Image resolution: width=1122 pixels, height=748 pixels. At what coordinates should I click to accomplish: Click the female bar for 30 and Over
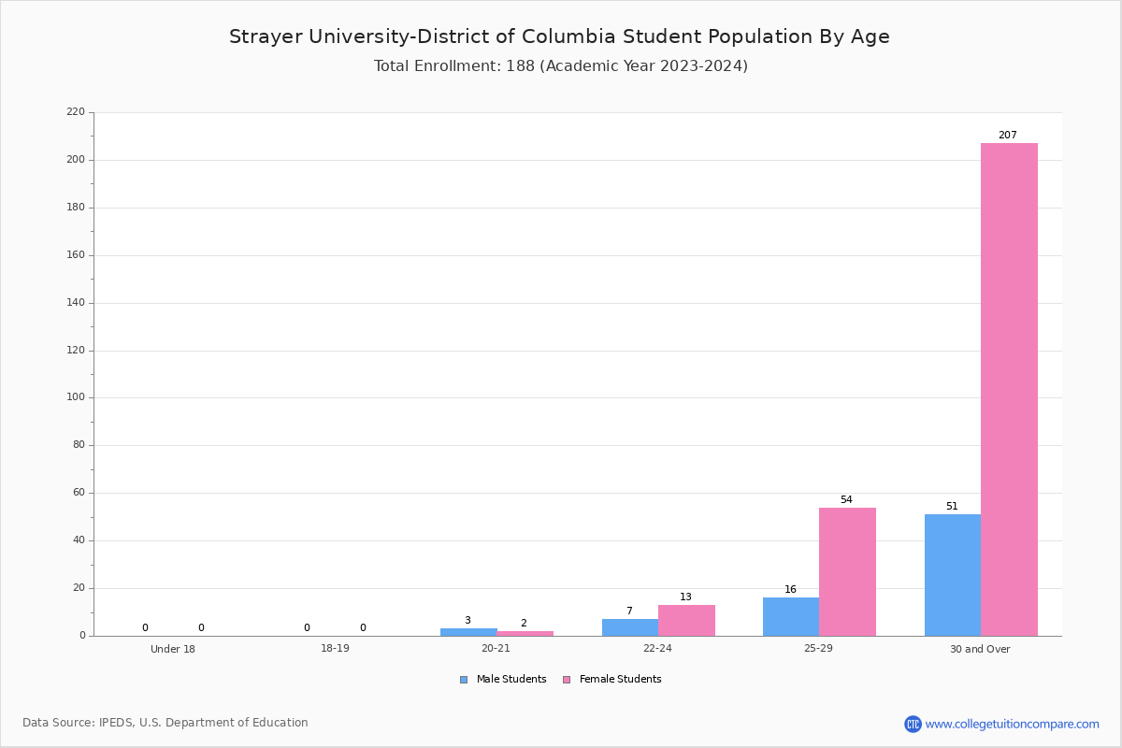[x=1009, y=389]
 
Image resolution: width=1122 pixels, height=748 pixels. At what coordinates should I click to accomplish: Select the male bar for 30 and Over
[x=952, y=575]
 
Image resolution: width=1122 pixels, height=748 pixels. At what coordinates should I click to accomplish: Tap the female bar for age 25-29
[x=847, y=571]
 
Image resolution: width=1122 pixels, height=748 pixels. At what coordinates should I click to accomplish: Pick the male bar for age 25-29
[x=790, y=617]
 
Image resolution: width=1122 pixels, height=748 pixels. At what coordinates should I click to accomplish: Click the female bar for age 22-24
[x=686, y=621]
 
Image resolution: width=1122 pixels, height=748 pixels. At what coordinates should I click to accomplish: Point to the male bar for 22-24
[x=629, y=627]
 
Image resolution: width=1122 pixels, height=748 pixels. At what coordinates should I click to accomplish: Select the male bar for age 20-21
[x=468, y=632]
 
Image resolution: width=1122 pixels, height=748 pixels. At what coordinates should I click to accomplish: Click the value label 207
[x=1007, y=136]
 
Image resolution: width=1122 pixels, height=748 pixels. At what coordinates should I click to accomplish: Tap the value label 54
[x=846, y=500]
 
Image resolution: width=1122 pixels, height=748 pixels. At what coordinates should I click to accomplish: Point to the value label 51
[x=952, y=507]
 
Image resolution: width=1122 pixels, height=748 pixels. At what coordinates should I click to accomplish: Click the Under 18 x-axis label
[x=173, y=649]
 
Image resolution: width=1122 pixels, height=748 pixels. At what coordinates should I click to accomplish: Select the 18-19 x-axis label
[x=335, y=649]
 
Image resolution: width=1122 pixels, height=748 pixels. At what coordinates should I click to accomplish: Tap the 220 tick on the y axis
[x=76, y=112]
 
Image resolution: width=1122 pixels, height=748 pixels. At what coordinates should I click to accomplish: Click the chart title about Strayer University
[x=559, y=37]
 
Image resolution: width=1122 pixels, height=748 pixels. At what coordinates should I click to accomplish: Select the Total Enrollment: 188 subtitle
[x=560, y=66]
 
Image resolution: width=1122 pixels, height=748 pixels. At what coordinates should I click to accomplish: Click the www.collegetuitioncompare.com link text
[x=1012, y=724]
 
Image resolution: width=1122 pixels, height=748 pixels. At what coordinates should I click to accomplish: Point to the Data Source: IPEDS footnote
[x=165, y=723]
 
